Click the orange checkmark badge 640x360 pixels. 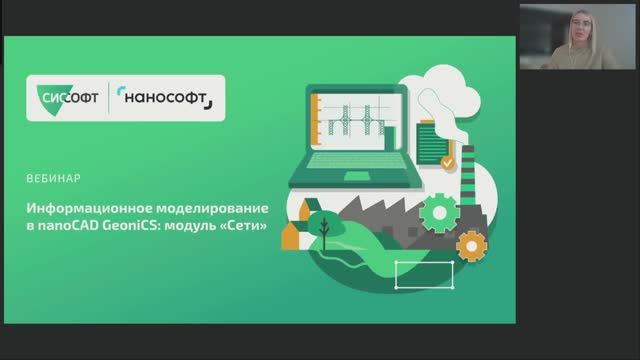[448, 161]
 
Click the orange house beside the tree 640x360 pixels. [292, 236]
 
